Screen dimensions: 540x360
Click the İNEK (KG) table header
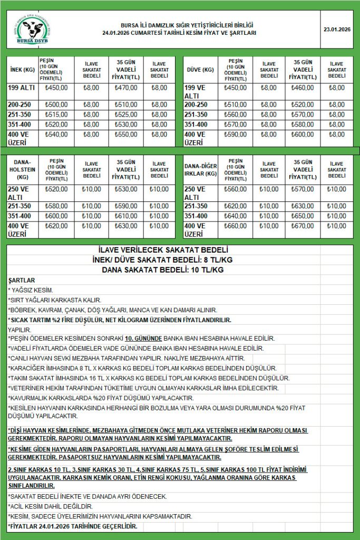pos(22,70)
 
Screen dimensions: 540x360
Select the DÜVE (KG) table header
pos(201,70)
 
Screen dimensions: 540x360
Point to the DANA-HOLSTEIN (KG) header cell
pos(22,170)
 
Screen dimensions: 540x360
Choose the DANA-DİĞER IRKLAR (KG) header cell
pos(201,170)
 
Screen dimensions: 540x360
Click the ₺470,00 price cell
pos(127,88)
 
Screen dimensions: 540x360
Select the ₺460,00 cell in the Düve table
pos(303,88)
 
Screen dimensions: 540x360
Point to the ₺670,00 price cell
pos(303,226)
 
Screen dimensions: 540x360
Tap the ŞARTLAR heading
pos(22,280)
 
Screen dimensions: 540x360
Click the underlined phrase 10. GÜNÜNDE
pos(143,338)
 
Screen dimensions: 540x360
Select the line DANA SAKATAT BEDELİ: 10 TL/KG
pos(163,269)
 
